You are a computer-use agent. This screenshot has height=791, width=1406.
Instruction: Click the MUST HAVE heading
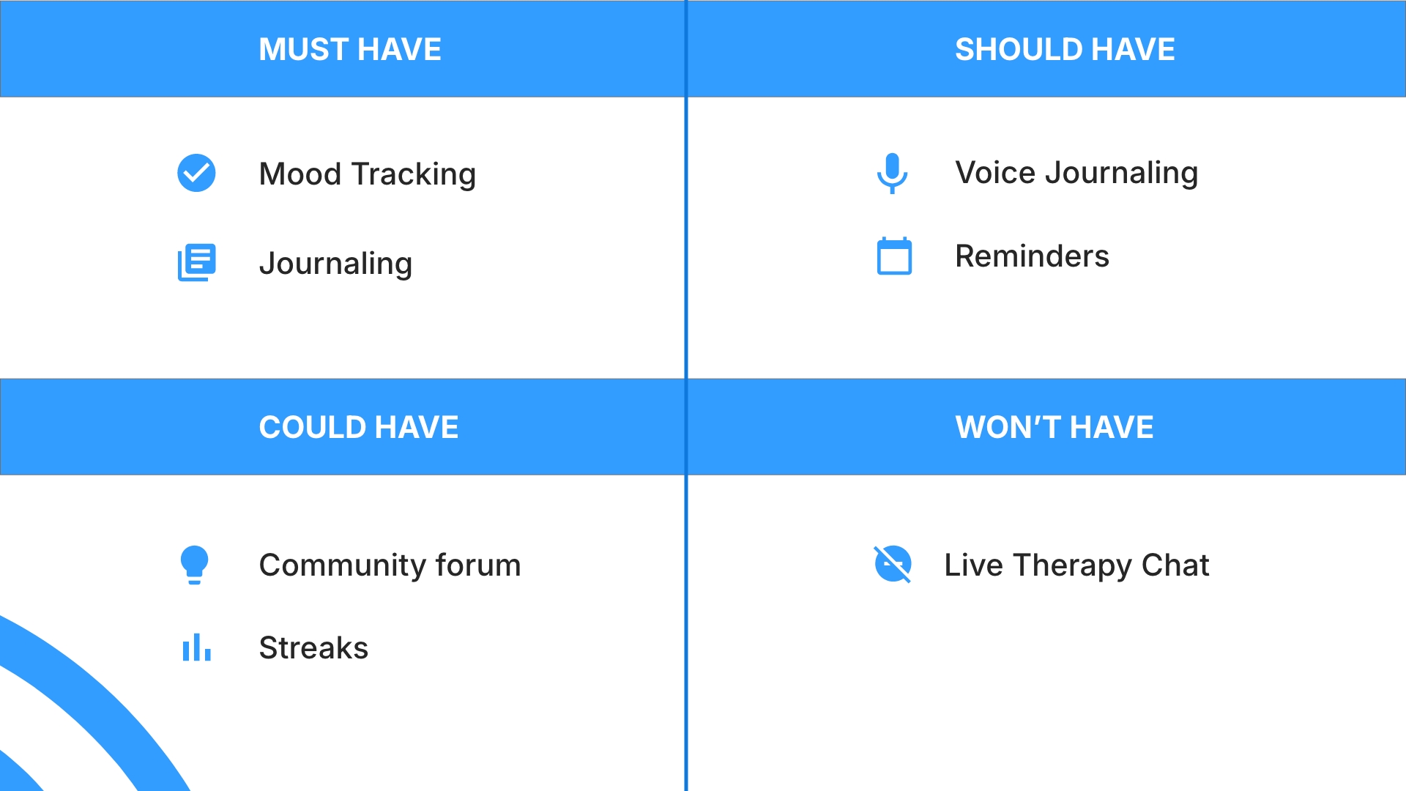point(350,49)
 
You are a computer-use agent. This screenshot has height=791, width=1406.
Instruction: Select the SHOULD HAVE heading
point(1065,49)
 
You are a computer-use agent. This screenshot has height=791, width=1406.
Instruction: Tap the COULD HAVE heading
point(359,427)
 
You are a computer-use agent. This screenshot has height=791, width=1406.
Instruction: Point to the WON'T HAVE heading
point(1054,427)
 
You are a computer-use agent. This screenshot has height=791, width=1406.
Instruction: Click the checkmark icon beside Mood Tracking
point(196,173)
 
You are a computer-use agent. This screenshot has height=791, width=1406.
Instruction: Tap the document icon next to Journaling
point(196,262)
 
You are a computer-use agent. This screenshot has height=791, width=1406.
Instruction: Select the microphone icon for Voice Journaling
point(892,173)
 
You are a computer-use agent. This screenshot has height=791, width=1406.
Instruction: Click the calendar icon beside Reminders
point(894,256)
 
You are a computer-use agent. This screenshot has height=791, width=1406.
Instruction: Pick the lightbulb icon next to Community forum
point(195,565)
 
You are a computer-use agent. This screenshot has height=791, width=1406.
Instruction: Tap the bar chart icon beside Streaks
point(196,647)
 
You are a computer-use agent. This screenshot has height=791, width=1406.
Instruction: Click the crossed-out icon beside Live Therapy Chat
point(893,564)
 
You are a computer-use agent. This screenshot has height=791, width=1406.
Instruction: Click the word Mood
point(300,174)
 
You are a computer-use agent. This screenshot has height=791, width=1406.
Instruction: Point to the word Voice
point(995,173)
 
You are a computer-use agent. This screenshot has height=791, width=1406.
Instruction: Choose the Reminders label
point(1032,256)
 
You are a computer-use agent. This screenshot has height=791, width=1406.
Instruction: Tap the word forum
point(478,565)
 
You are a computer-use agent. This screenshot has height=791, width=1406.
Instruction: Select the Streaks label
point(313,648)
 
